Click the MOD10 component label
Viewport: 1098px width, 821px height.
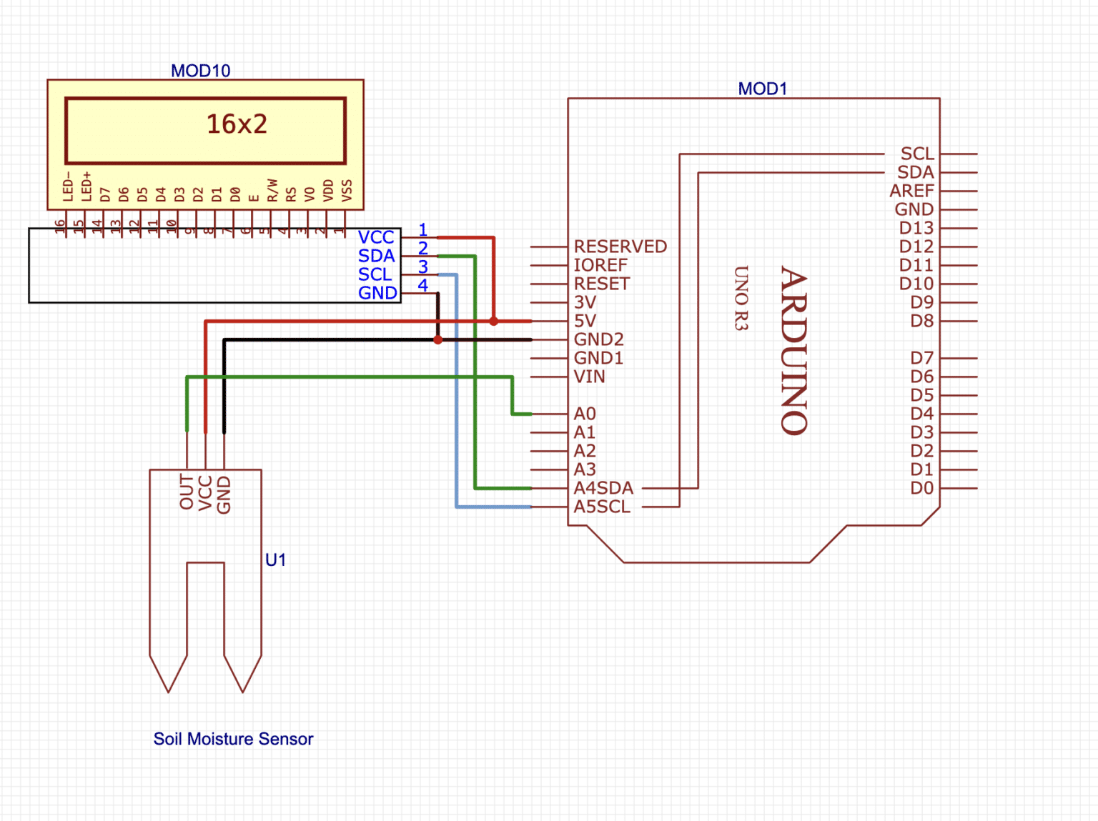(x=200, y=71)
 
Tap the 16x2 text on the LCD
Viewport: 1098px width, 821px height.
(x=237, y=124)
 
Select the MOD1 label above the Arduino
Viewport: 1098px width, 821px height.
(x=762, y=89)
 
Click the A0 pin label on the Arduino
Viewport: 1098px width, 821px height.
(x=584, y=414)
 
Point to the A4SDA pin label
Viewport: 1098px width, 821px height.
(x=603, y=488)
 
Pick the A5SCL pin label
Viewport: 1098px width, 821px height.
(x=602, y=507)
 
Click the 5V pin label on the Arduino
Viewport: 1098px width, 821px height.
(x=584, y=321)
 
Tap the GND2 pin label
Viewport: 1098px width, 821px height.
(x=598, y=339)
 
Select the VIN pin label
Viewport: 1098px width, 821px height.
(x=589, y=377)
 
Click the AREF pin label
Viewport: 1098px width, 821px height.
(x=911, y=191)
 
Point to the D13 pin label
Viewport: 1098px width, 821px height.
(x=916, y=228)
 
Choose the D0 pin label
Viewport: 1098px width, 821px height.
(x=921, y=488)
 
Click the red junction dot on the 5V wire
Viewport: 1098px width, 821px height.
(x=493, y=322)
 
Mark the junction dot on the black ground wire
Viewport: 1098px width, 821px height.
(x=438, y=340)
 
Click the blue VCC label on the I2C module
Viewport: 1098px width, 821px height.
(x=376, y=237)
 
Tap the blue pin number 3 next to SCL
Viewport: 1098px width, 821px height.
(x=423, y=267)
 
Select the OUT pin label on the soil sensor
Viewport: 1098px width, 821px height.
(x=187, y=492)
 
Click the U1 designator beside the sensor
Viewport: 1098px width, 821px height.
(x=275, y=560)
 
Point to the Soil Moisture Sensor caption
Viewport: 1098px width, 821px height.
(x=233, y=739)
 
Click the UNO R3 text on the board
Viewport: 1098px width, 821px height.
(x=741, y=298)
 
